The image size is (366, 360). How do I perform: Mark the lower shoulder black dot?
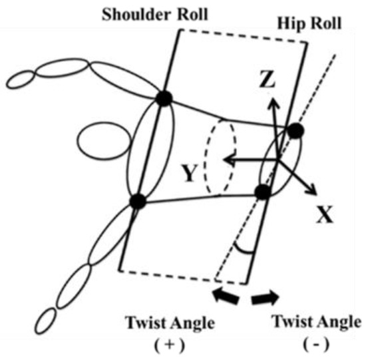click(138, 200)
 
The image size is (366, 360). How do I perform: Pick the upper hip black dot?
click(296, 131)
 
